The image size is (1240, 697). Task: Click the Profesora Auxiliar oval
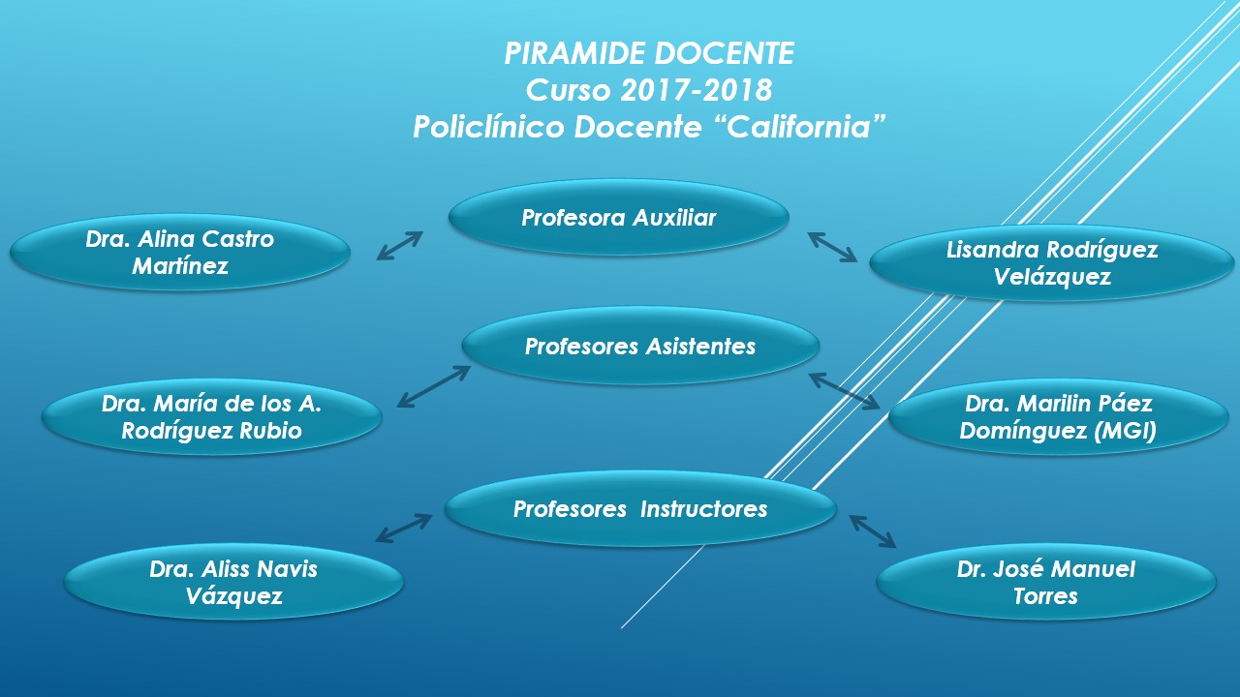pos(618,218)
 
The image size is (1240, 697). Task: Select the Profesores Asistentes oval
pos(640,347)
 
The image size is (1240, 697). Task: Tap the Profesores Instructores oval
pos(640,509)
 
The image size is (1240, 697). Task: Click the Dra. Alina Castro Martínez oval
pos(180,253)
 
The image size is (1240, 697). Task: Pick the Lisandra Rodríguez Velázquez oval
pos(1051,263)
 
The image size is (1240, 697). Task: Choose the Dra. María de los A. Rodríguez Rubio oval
pos(211,418)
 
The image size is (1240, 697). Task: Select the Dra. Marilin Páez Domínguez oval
pos(1058,418)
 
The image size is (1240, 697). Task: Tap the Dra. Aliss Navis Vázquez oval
pos(233,582)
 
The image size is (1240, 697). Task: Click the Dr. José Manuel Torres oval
pos(1045,582)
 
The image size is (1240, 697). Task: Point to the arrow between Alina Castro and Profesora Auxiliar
pos(400,246)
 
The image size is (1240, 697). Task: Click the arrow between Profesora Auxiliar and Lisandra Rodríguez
pos(832,247)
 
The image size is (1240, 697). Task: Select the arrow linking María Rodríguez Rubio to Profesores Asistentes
pos(433,386)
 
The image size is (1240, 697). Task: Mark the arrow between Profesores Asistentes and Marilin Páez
pos(845,391)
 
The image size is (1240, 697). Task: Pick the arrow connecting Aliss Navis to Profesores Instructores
pos(404,529)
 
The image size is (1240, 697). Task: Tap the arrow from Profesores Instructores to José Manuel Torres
pos(873,531)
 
